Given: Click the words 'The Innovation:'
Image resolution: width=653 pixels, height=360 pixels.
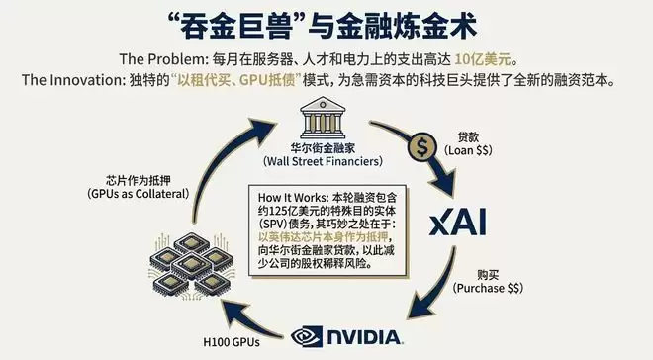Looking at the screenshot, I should point(75,77).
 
